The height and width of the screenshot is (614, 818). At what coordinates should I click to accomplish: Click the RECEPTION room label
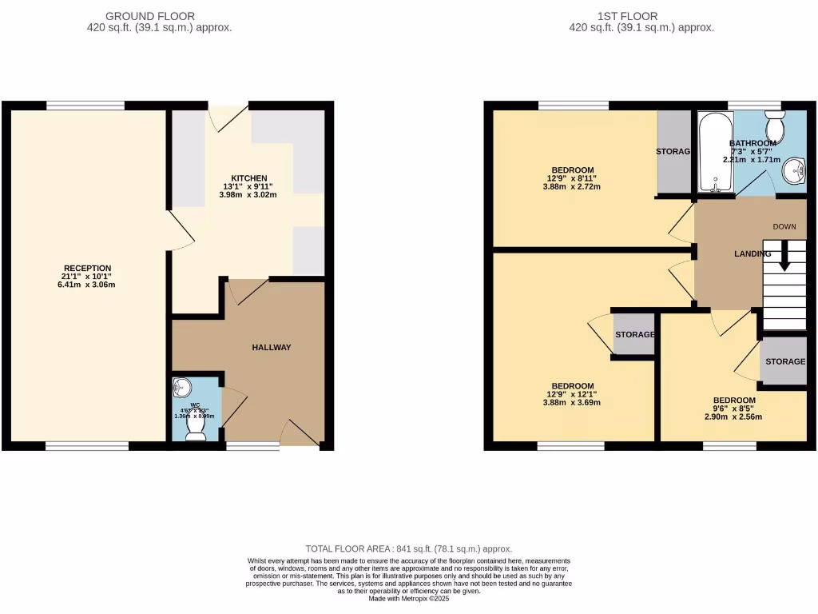coord(88,268)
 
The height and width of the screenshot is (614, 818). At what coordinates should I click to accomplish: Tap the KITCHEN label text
coord(248,178)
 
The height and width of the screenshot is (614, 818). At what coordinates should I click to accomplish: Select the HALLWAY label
coord(272,348)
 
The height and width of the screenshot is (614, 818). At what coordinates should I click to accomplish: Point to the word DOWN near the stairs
coord(784,226)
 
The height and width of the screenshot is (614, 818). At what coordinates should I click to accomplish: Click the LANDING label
coord(752,254)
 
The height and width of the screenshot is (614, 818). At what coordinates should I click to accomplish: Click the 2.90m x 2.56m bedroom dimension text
coord(733,417)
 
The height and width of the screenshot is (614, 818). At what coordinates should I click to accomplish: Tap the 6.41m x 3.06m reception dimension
coord(88,285)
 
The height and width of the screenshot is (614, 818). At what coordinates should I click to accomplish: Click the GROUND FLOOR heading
coord(161,16)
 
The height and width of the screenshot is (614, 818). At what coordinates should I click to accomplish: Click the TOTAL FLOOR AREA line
coord(409,549)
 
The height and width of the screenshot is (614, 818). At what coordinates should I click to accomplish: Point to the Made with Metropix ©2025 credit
coord(409,599)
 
